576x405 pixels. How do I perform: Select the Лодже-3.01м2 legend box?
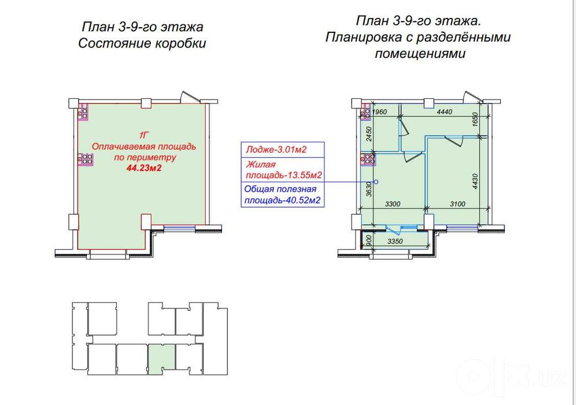point(282,150)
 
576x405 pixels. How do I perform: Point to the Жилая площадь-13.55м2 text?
point(283,170)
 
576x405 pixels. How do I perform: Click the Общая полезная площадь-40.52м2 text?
point(282,195)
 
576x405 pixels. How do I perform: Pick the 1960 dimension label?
point(379,112)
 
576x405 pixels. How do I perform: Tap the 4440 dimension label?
point(445,112)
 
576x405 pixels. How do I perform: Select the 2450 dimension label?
point(370,134)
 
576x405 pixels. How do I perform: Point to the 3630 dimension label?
point(369,189)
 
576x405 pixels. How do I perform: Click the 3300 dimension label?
point(393,204)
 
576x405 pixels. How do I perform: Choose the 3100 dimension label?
point(457,204)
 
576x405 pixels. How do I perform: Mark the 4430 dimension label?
point(475,182)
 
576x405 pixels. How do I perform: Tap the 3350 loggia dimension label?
point(395,241)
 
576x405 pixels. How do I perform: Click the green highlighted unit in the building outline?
point(161,358)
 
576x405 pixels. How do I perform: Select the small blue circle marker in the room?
point(376,182)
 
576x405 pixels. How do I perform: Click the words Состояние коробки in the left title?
point(142,43)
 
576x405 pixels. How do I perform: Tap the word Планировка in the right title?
point(363,37)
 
